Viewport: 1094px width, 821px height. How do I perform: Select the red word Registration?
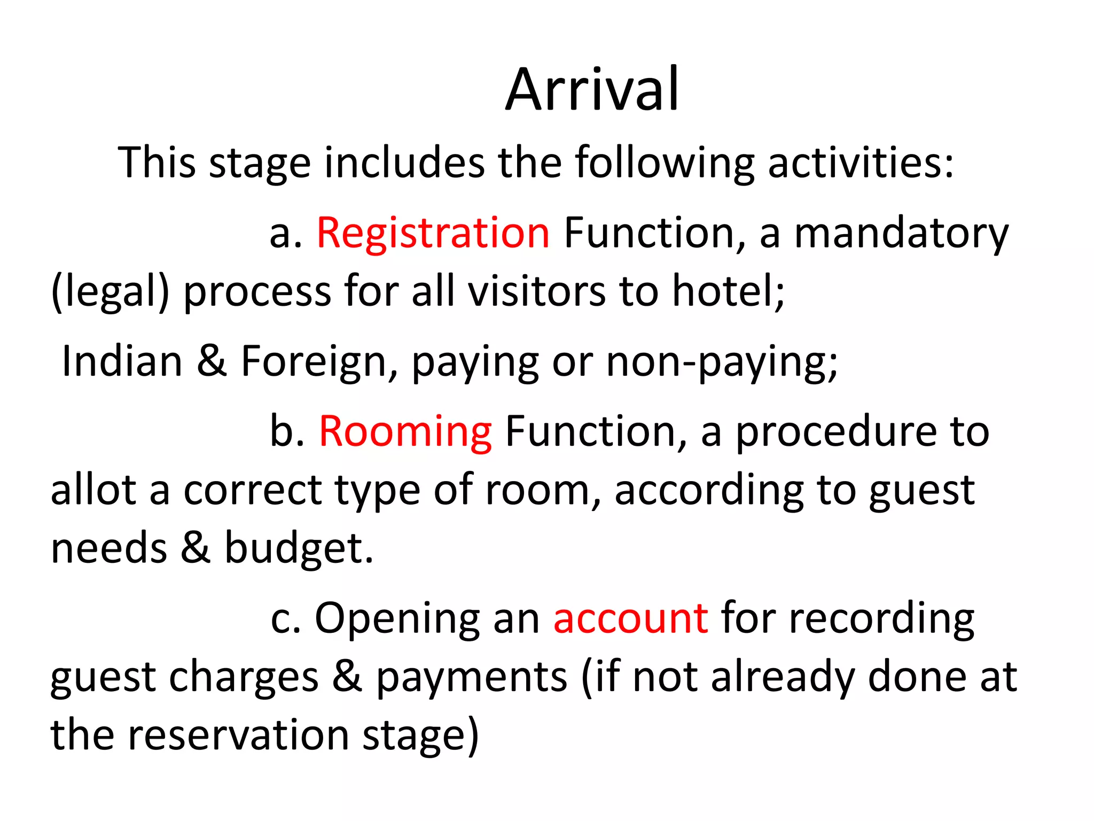pyautogui.click(x=433, y=233)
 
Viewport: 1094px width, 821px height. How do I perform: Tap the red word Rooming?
pyautogui.click(x=405, y=431)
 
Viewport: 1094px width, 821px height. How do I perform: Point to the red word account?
pyautogui.click(x=631, y=618)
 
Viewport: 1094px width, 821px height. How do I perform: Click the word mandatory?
pyautogui.click(x=901, y=234)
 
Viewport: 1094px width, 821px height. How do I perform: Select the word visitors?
pyautogui.click(x=537, y=291)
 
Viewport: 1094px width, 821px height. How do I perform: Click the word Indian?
pyautogui.click(x=122, y=361)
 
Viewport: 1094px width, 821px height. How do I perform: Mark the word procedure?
pyautogui.click(x=837, y=432)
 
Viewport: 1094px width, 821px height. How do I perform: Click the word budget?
pyautogui.click(x=298, y=548)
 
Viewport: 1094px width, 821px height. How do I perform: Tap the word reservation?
pyautogui.click(x=238, y=735)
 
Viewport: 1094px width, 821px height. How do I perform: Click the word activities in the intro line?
pyautogui.click(x=860, y=162)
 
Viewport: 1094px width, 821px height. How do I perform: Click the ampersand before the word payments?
pyautogui.click(x=347, y=676)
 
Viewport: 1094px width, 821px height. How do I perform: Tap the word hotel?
pyautogui.click(x=728, y=291)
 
